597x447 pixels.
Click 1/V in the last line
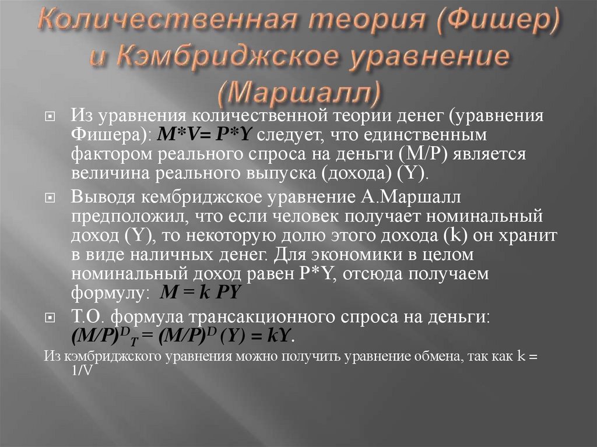(81, 371)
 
